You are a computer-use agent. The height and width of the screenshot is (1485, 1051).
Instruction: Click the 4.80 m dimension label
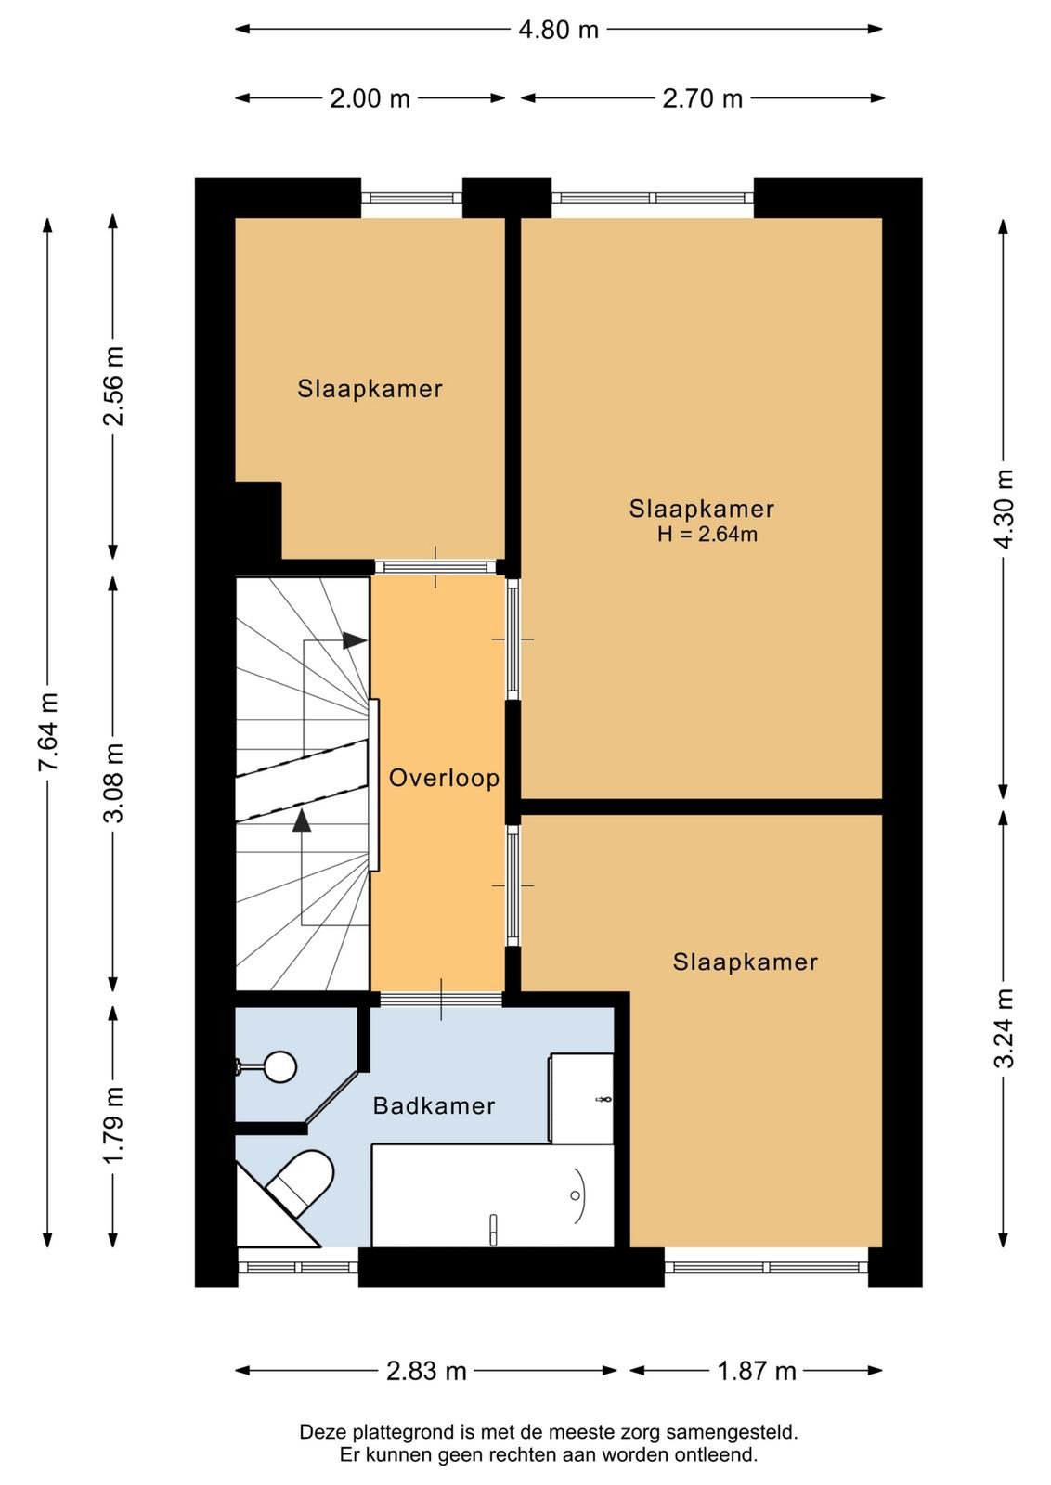[x=558, y=30]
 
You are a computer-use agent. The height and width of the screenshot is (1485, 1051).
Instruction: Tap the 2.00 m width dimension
[x=370, y=98]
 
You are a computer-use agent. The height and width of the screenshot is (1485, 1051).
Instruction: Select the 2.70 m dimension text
[x=702, y=98]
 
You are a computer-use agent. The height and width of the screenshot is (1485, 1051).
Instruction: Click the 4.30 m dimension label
[x=1004, y=509]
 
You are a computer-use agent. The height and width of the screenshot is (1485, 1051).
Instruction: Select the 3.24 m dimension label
[x=1004, y=1028]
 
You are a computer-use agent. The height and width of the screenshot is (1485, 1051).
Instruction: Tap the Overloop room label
[x=445, y=778]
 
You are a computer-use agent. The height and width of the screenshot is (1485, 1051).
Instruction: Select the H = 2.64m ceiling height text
[x=707, y=534]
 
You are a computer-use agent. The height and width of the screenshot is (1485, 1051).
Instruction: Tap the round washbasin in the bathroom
[x=279, y=1066]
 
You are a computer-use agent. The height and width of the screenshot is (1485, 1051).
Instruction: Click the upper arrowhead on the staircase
[x=355, y=640]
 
